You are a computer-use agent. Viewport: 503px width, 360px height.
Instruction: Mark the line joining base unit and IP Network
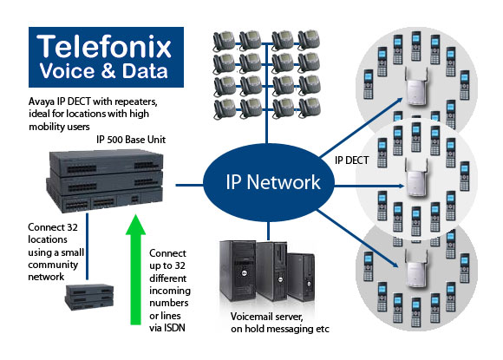point(190,184)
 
